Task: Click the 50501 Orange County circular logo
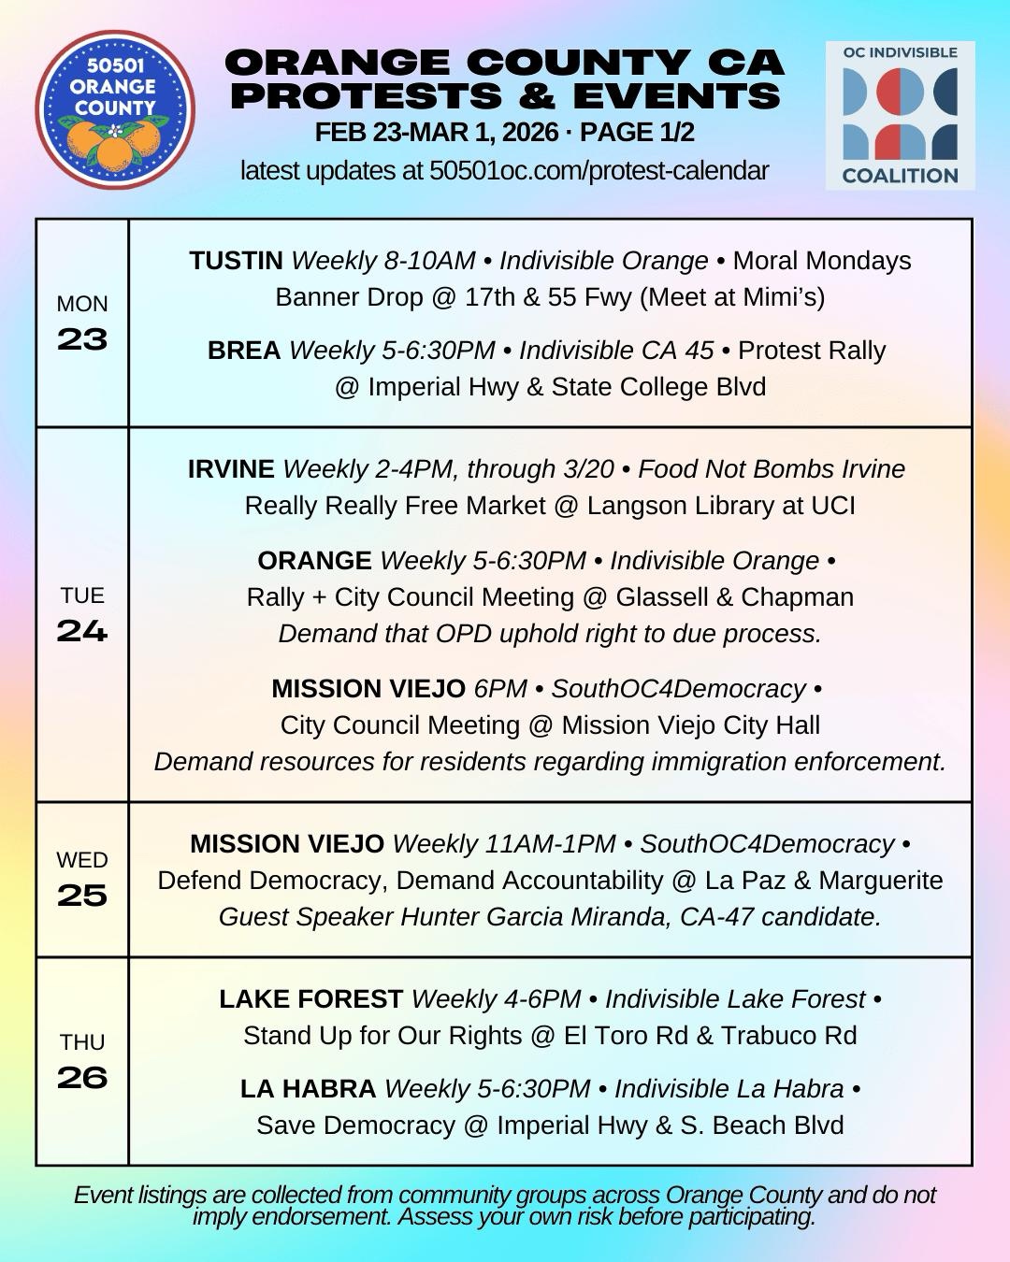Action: click(115, 108)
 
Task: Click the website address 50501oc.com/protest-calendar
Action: click(599, 171)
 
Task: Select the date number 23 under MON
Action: click(82, 339)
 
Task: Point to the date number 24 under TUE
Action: click(82, 631)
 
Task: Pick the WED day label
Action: click(82, 860)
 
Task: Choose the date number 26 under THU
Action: click(82, 1078)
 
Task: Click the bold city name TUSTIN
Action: click(236, 261)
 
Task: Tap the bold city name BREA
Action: click(244, 351)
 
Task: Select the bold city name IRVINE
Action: click(231, 469)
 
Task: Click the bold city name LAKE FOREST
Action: click(310, 999)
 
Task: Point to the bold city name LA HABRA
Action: click(308, 1089)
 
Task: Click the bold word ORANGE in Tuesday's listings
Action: click(314, 561)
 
